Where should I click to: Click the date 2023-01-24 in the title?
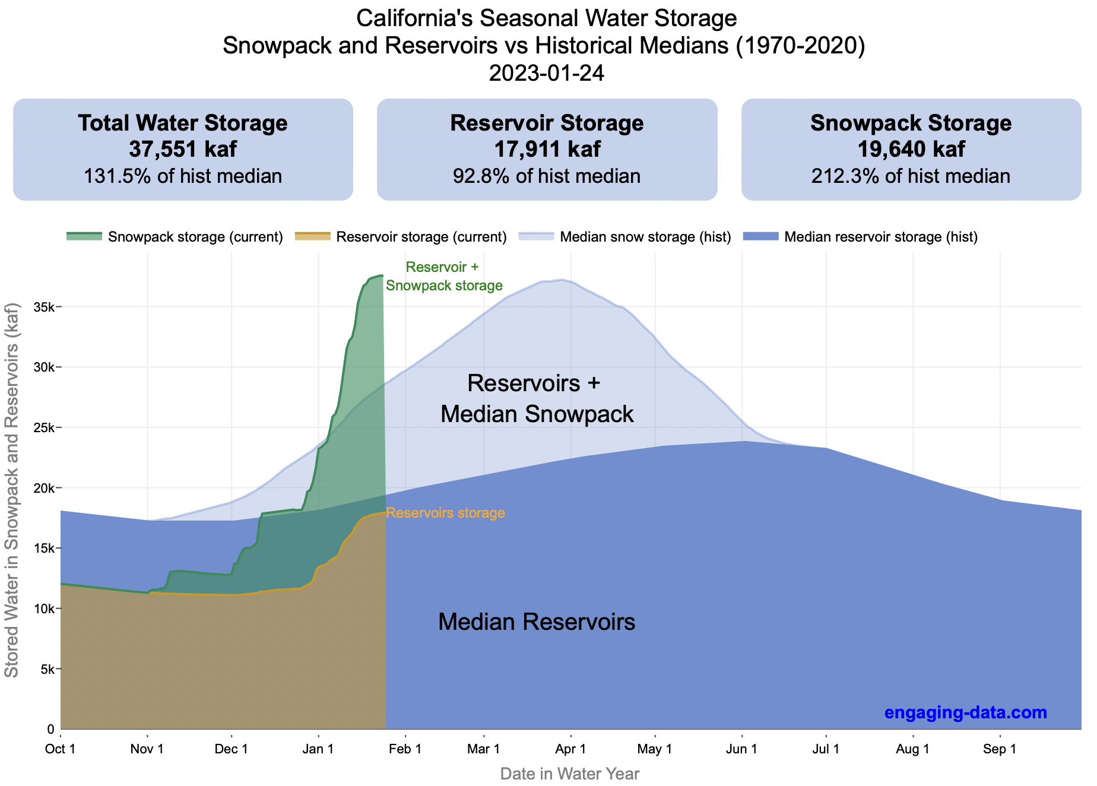click(546, 73)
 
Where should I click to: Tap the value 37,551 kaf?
click(183, 149)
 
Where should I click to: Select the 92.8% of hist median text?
click(547, 176)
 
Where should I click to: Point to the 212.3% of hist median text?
click(911, 176)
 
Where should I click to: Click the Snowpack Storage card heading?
click(911, 123)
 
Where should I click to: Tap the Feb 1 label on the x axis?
click(405, 749)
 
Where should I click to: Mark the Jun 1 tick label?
click(741, 749)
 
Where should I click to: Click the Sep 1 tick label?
click(1000, 749)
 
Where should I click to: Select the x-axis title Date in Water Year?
click(570, 774)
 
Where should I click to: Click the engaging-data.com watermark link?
click(965, 712)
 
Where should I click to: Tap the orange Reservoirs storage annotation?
click(445, 513)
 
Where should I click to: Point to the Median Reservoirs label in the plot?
click(537, 622)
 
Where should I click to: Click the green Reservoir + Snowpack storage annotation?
click(444, 277)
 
